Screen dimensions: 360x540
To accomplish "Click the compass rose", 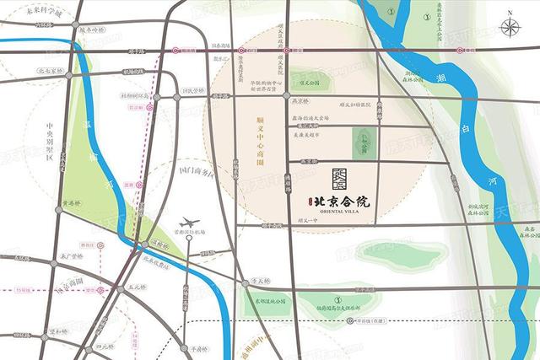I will tap(510, 26).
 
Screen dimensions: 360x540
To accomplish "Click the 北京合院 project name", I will tap(342, 202).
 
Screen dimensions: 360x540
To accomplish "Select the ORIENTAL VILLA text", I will tap(341, 212).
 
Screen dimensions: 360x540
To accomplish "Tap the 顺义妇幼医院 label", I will tap(354, 105).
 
